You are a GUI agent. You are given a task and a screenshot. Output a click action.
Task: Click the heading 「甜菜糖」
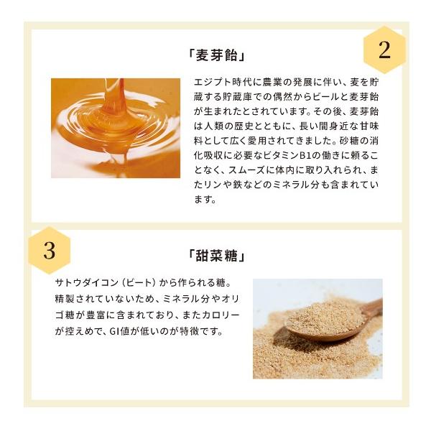pyautogui.click(x=216, y=256)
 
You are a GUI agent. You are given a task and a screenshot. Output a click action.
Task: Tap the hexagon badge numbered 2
pyautogui.click(x=384, y=50)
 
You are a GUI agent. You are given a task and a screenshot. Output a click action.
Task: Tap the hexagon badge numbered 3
pyautogui.click(x=50, y=251)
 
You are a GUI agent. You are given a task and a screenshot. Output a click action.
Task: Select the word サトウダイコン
pyautogui.click(x=87, y=283)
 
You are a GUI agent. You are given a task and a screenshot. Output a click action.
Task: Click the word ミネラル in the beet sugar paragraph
pyautogui.click(x=181, y=299)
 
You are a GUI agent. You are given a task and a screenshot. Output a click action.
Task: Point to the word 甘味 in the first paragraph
pyautogui.click(x=365, y=126)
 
